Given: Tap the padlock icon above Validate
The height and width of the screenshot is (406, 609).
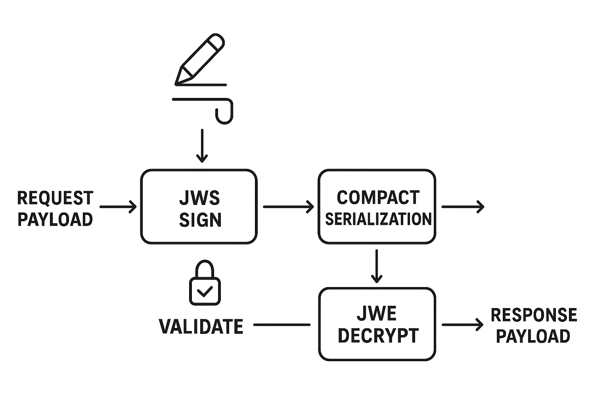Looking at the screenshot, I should point(205,283).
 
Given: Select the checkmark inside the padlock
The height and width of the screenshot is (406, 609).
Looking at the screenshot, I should point(205,292).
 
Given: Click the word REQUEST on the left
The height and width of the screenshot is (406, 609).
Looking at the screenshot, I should point(55,198).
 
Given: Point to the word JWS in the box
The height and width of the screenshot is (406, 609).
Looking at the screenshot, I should point(199,198).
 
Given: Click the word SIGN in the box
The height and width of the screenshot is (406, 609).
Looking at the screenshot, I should point(200,220).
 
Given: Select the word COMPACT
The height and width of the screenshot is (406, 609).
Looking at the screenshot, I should point(377,197).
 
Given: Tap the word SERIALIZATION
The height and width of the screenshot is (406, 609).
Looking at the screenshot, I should point(378,219).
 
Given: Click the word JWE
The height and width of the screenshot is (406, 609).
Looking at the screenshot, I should point(377,314).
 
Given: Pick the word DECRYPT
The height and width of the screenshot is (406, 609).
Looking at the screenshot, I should point(378,335).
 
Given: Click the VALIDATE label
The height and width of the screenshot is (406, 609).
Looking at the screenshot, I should point(201,326).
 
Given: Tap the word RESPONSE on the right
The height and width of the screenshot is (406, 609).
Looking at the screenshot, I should point(534,315).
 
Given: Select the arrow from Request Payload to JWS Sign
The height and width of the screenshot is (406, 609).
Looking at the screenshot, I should point(118,207).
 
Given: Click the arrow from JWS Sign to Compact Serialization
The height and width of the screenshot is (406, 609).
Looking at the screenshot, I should point(288,207).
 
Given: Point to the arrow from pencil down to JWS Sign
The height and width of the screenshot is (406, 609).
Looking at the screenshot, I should point(202,146).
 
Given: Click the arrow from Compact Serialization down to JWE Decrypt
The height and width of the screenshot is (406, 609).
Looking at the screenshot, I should point(376,266).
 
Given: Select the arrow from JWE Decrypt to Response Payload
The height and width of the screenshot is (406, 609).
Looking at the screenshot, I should point(462,325).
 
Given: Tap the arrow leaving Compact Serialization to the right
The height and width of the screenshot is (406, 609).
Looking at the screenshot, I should point(463,207).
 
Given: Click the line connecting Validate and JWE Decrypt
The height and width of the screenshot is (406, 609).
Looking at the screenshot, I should point(282,325).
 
